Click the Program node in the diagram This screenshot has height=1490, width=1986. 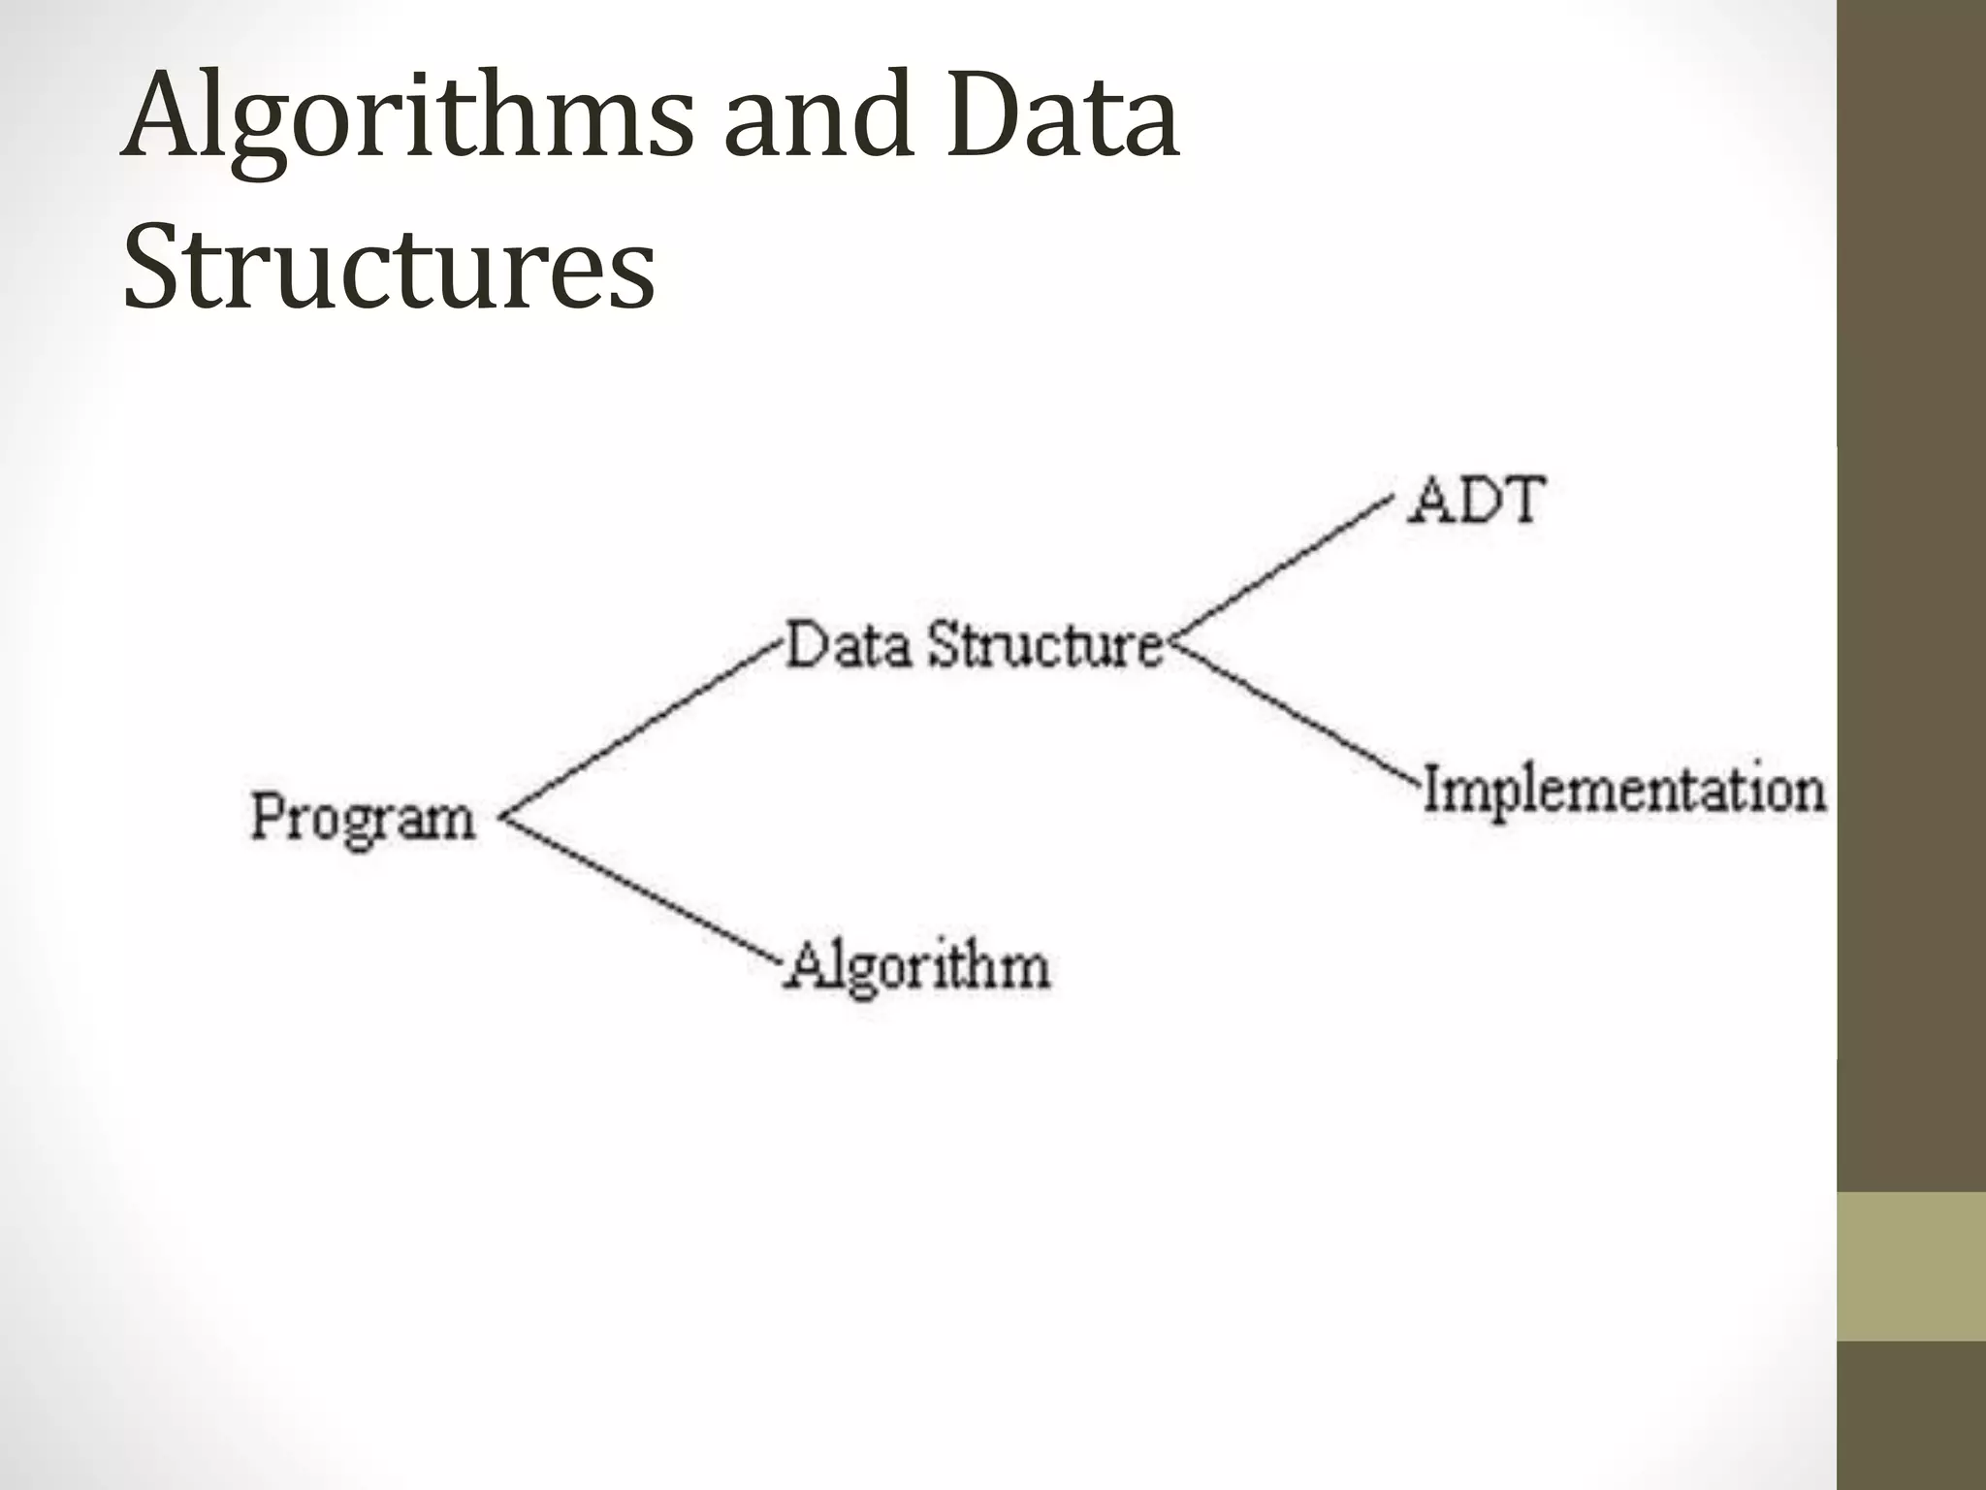[x=363, y=817]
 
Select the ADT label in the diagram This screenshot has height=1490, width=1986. [x=1475, y=501]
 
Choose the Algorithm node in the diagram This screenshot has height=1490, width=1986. [x=917, y=966]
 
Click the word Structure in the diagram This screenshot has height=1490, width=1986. [x=1045, y=645]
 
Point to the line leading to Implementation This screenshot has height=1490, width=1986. [x=1295, y=713]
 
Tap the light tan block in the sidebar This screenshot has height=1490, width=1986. [x=1910, y=1266]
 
